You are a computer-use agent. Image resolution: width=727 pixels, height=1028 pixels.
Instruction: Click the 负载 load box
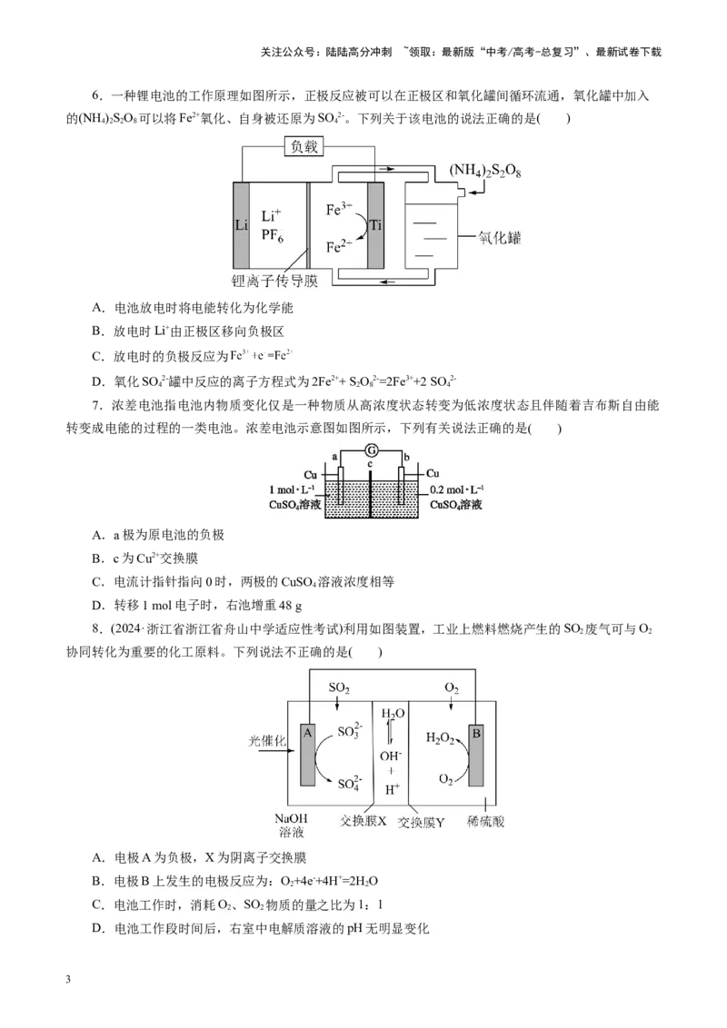coord(304,146)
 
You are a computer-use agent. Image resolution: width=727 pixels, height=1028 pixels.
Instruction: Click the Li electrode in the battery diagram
coord(242,225)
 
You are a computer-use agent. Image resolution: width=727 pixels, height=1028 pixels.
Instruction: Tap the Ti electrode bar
coord(375,225)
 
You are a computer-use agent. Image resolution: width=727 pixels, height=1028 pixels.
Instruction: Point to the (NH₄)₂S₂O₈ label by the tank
coord(485,171)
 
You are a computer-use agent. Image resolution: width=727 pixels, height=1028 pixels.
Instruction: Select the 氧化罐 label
coord(499,237)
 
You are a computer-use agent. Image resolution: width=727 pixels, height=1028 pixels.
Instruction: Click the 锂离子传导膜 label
coord(275,282)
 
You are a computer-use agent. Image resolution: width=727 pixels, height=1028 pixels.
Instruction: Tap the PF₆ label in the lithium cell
coord(273,235)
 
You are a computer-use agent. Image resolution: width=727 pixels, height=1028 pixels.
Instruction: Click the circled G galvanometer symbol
coord(372,450)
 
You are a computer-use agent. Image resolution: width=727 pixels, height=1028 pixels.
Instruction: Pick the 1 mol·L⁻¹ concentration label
coord(292,489)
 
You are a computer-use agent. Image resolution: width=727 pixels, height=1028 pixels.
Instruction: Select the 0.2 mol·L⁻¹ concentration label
coord(457,489)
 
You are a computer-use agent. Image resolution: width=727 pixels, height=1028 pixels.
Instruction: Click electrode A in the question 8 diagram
coord(308,755)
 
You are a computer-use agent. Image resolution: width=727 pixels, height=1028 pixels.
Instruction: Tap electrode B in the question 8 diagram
coord(475,755)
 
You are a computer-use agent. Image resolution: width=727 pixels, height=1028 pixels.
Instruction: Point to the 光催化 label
coord(267,741)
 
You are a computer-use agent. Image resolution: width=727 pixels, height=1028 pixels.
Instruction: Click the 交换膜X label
coord(363,821)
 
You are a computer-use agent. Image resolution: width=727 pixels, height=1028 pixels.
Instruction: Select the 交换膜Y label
coord(422,822)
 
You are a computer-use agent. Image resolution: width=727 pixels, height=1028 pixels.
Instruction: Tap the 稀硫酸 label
coord(485,821)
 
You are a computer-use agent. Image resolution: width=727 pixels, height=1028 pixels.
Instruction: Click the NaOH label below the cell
coord(291,818)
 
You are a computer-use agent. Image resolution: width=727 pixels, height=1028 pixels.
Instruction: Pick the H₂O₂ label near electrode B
coord(440,739)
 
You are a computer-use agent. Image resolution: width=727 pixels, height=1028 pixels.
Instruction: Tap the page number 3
coord(68,980)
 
